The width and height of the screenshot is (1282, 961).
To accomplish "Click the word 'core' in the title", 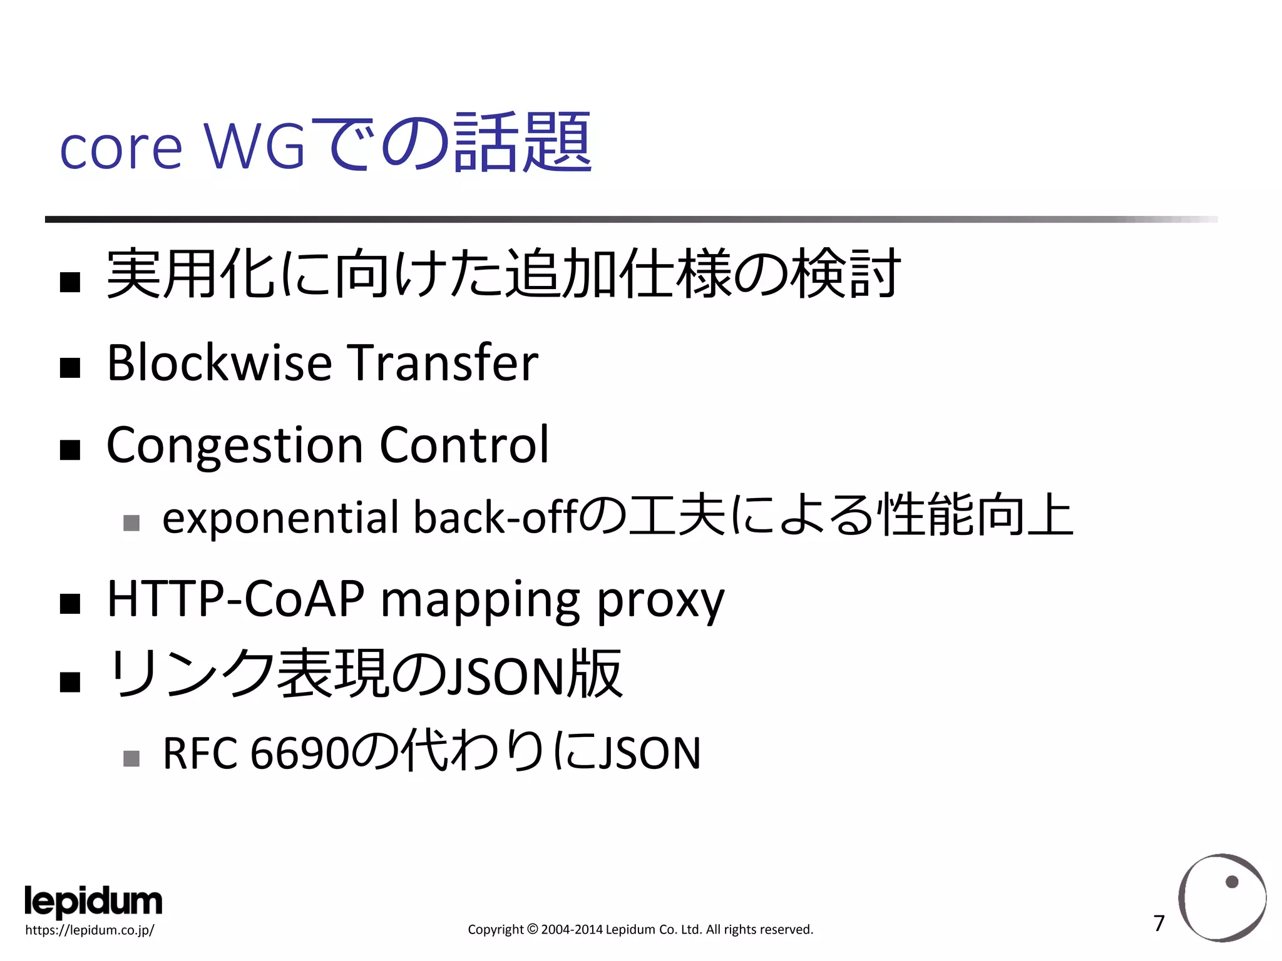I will click(x=120, y=149).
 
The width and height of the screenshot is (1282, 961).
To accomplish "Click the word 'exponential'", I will click(x=280, y=518).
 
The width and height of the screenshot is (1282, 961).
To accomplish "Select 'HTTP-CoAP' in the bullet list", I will click(x=235, y=599).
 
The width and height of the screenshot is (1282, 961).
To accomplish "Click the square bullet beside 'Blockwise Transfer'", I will click(x=70, y=367).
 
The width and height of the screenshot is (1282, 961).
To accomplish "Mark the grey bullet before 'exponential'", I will click(x=131, y=522).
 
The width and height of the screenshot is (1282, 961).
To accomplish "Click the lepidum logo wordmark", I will click(x=93, y=902).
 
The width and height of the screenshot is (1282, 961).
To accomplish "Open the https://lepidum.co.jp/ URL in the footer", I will click(x=90, y=930).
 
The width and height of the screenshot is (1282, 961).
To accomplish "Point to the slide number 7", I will click(x=1159, y=923).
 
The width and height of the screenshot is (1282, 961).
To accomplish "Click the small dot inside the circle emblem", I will click(x=1232, y=882).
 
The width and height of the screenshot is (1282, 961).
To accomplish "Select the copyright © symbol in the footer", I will click(x=532, y=930).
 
